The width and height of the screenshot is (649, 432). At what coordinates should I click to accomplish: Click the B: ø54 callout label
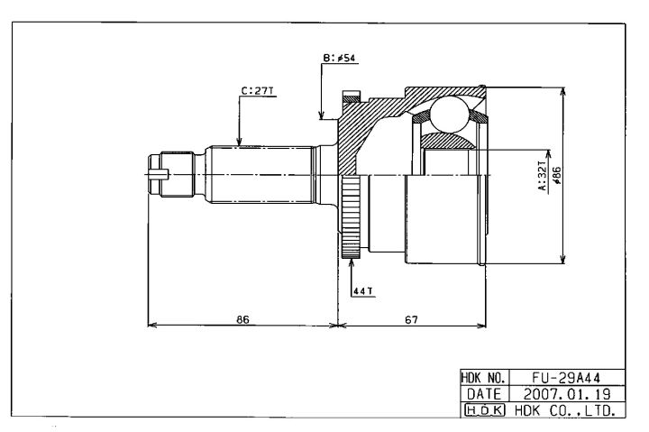[x=339, y=58]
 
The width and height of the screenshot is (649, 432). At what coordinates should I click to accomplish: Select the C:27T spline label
[x=258, y=91]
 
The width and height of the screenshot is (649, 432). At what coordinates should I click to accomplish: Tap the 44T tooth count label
[x=362, y=291]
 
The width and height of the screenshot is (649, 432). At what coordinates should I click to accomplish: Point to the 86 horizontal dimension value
[x=243, y=319]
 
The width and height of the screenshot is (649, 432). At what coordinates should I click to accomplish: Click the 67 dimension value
[x=411, y=319]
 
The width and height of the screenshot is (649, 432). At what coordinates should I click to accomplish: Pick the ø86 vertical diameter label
[x=557, y=175]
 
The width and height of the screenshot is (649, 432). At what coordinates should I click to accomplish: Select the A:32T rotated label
[x=543, y=176]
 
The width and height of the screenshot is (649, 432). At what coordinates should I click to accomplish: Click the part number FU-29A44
[x=566, y=377]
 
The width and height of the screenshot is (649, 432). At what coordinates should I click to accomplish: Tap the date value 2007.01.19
[x=567, y=393]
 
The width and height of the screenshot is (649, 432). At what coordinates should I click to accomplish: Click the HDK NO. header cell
[x=483, y=377]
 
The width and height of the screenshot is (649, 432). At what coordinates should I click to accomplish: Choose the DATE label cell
[x=483, y=393]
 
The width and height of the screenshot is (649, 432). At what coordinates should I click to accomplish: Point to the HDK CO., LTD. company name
[x=564, y=410]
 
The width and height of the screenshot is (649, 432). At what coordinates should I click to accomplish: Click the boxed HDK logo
[x=485, y=410]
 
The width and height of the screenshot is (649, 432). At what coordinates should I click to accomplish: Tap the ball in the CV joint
[x=450, y=115]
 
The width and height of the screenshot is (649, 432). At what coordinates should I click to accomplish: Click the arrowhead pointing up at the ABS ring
[x=351, y=262]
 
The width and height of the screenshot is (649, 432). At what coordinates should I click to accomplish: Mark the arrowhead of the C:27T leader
[x=239, y=142]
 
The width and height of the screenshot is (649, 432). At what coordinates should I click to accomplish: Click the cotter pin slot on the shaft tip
[x=159, y=174]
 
